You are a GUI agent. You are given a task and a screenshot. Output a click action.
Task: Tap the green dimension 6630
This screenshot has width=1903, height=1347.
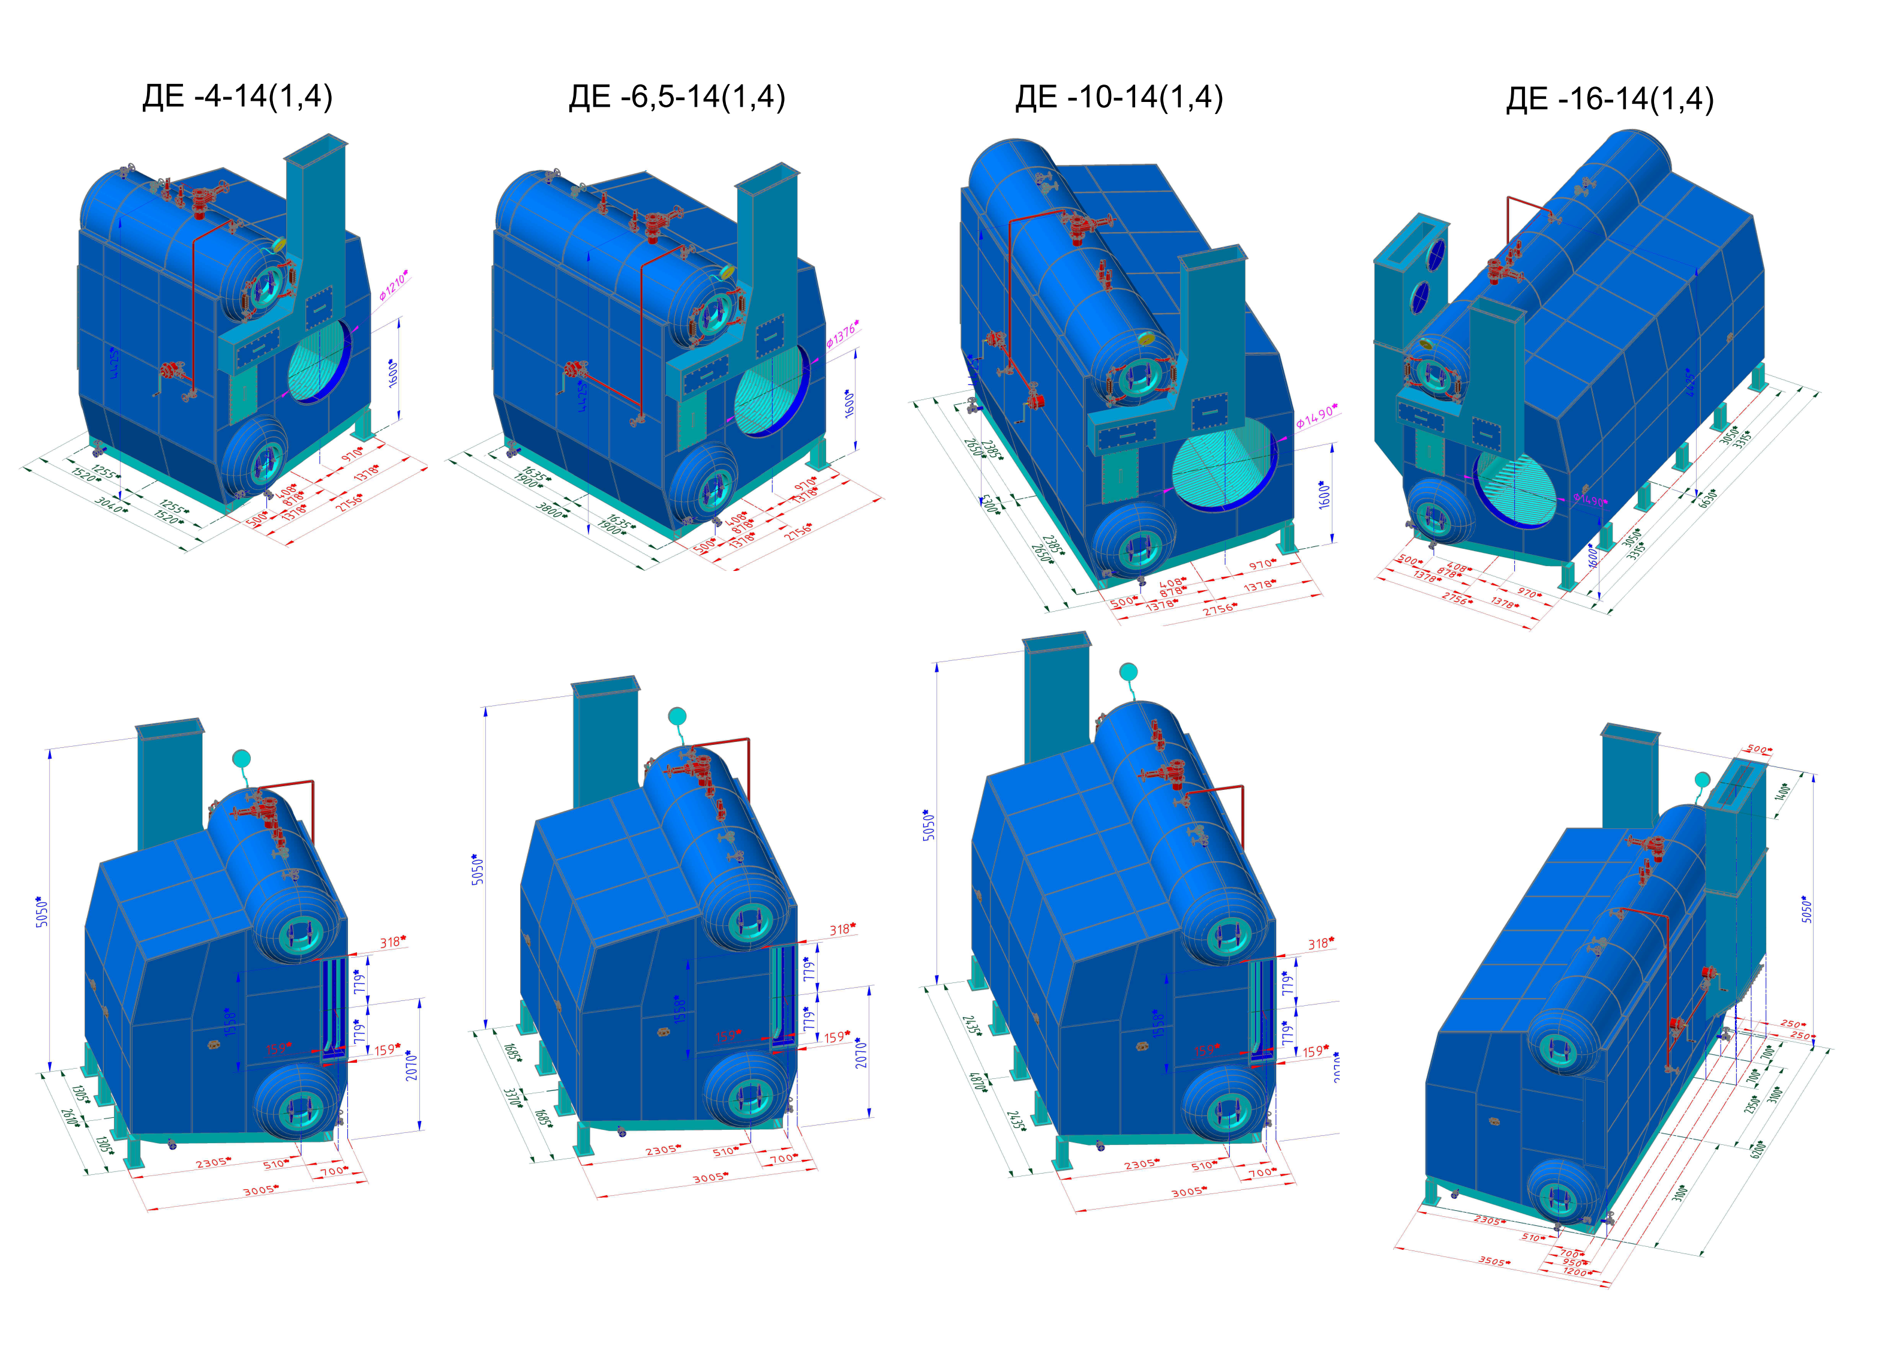point(1707,498)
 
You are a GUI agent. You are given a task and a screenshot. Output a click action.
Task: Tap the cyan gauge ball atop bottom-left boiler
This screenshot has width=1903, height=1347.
point(241,758)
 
